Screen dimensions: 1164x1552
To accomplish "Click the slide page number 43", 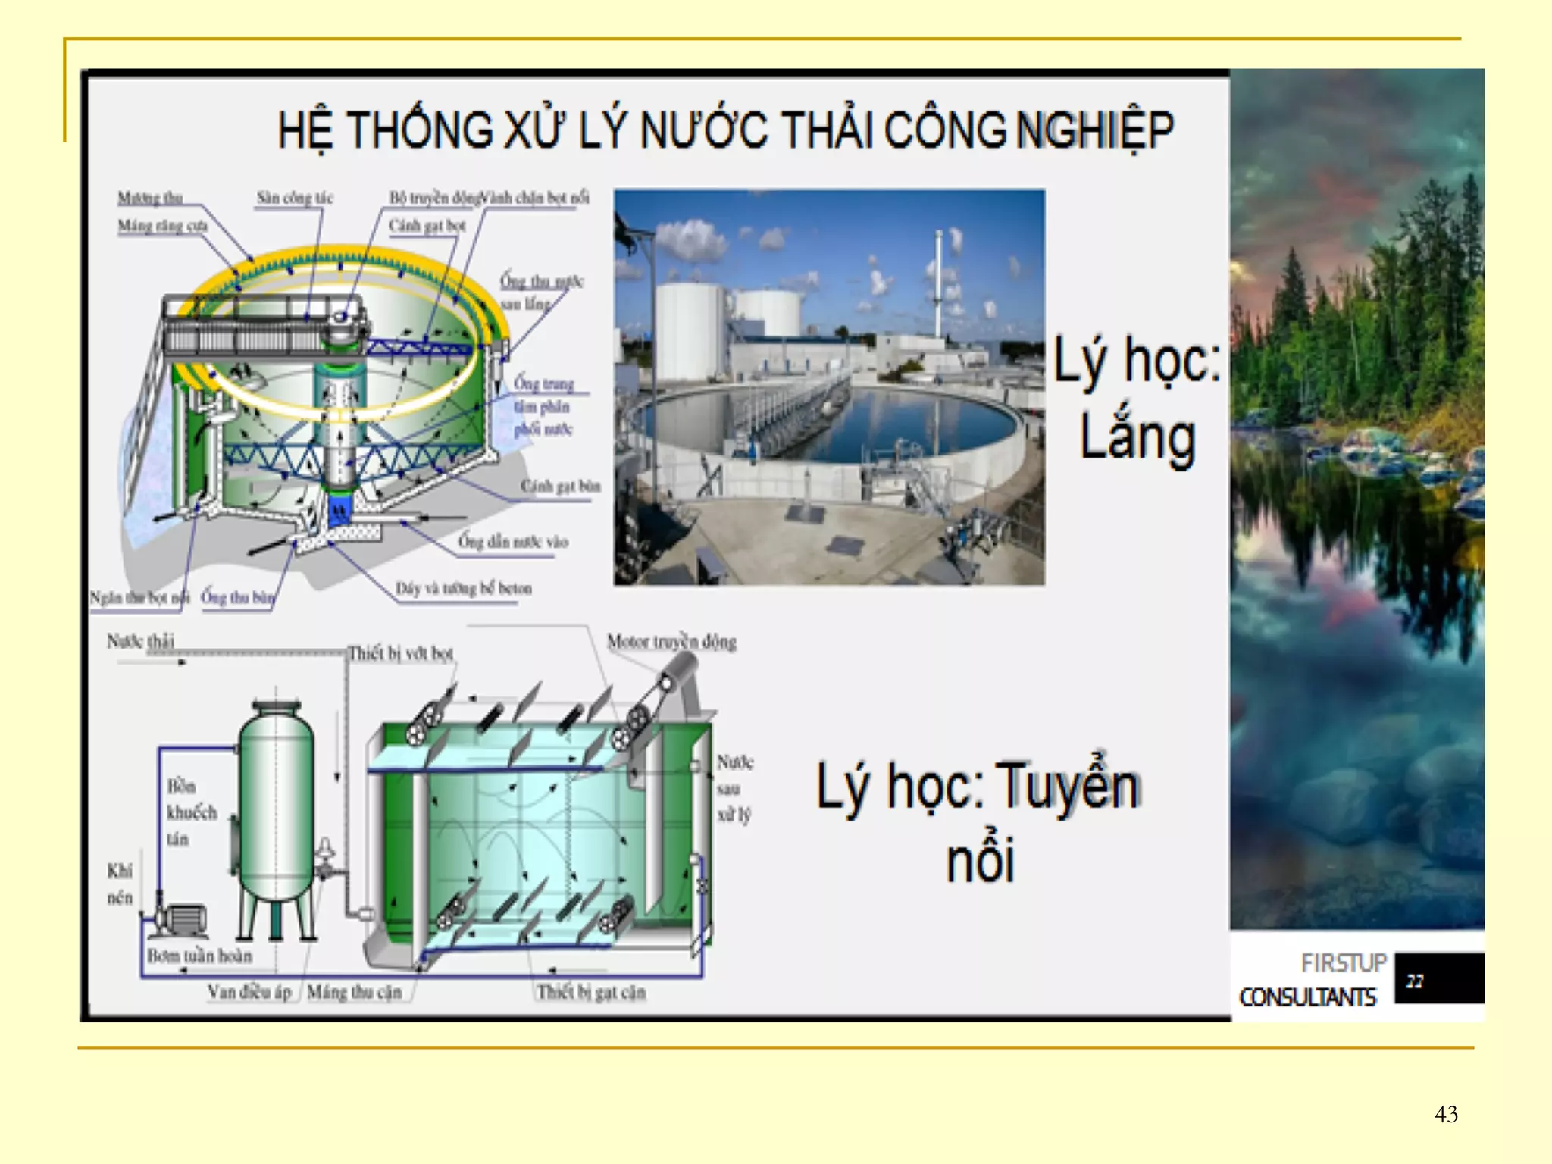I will [1446, 1114].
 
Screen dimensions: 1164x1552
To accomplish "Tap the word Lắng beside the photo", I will [1137, 437].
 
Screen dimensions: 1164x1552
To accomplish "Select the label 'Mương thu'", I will [150, 199].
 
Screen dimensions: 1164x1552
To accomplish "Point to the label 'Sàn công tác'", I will [294, 199].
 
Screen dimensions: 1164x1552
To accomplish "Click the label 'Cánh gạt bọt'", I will [427, 226].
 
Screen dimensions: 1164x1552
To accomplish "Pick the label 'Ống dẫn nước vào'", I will [513, 542].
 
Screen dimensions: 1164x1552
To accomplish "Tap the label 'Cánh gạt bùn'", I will [560, 486].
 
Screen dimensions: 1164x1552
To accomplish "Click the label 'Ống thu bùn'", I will [237, 598].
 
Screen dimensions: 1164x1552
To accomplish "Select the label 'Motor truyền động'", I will [671, 642].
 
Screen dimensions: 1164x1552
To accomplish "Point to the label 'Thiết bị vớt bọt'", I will [400, 653].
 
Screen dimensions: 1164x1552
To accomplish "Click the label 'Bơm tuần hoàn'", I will [199, 956].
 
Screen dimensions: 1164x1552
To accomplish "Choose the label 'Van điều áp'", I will [249, 993].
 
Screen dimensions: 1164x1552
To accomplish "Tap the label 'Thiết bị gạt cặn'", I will [591, 993].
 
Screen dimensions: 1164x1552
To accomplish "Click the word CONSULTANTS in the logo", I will [1307, 997].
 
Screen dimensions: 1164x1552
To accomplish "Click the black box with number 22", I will [1438, 979].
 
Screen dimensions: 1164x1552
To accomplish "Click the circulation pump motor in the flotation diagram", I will [182, 919].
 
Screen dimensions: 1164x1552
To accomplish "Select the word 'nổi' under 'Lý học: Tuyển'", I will [979, 860].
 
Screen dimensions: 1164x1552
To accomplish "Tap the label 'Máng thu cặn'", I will [354, 993].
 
